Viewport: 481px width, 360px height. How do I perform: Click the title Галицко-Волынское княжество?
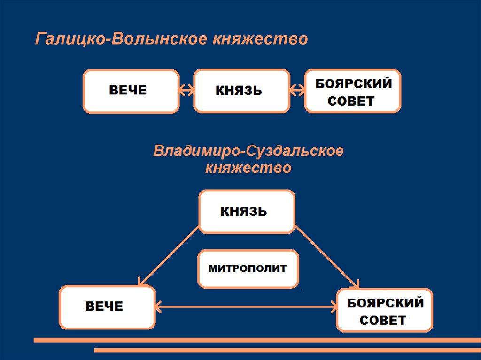pyautogui.click(x=171, y=39)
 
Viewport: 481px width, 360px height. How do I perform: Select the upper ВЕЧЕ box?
pyautogui.click(x=131, y=91)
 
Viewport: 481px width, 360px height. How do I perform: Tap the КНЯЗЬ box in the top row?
pyautogui.click(x=241, y=91)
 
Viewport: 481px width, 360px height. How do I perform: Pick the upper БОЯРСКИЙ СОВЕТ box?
pyautogui.click(x=353, y=91)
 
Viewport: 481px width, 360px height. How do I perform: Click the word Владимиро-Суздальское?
pyautogui.click(x=248, y=152)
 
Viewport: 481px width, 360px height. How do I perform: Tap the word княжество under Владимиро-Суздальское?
pyautogui.click(x=248, y=168)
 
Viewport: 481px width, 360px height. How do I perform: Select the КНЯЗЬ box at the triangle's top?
pyautogui.click(x=247, y=212)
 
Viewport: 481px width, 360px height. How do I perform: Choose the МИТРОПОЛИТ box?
pyautogui.click(x=248, y=269)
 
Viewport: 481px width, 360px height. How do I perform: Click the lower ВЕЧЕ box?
pyautogui.click(x=107, y=307)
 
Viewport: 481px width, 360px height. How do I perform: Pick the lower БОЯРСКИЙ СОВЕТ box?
pyautogui.click(x=385, y=310)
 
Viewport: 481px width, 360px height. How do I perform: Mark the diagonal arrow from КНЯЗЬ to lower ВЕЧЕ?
pyautogui.click(x=169, y=256)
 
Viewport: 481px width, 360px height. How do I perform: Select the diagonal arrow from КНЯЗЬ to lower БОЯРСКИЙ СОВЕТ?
pyautogui.click(x=327, y=257)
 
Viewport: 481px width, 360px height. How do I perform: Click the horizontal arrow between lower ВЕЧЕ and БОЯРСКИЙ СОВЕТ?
pyautogui.click(x=246, y=307)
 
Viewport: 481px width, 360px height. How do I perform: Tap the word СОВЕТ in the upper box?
pyautogui.click(x=351, y=100)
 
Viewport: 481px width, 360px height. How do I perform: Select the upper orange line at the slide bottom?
pyautogui.click(x=257, y=340)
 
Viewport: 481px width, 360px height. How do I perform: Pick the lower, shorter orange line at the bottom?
pyautogui.click(x=287, y=350)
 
